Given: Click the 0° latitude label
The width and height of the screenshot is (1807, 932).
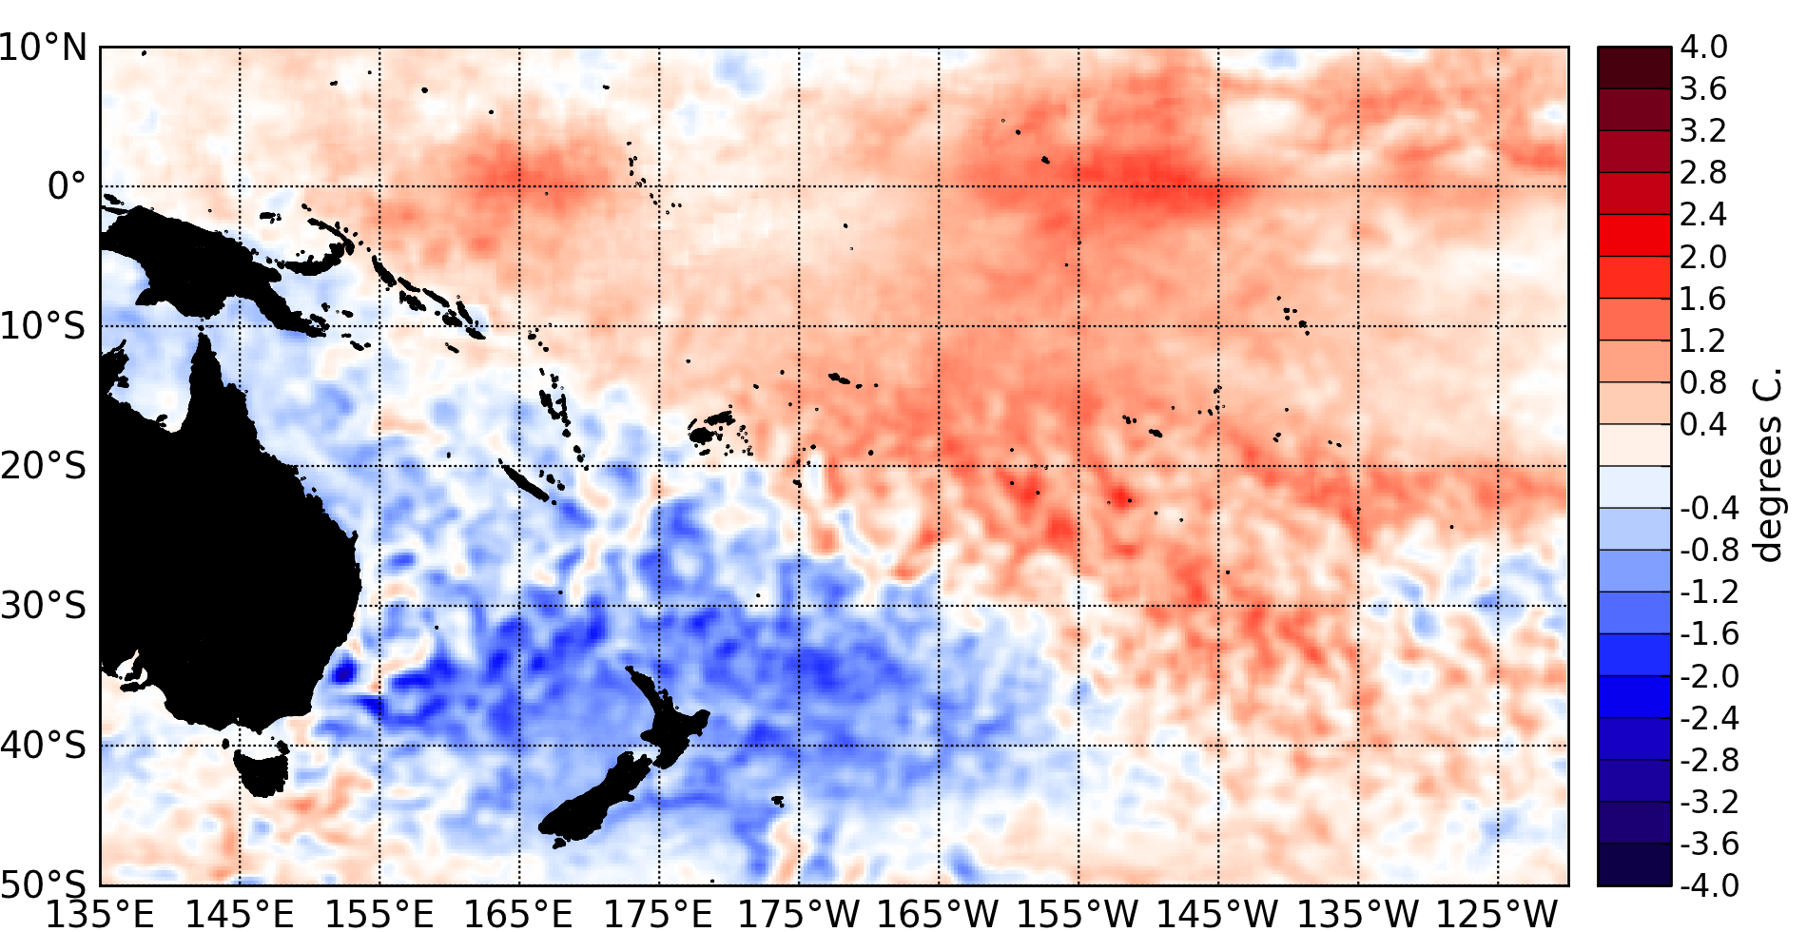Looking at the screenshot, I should click(x=67, y=185).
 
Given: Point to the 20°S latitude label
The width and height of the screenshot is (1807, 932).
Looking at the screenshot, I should click(x=44, y=466).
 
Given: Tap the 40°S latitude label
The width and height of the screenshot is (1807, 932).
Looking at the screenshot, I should click(x=44, y=745).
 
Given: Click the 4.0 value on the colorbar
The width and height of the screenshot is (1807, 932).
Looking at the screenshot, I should click(x=1703, y=47).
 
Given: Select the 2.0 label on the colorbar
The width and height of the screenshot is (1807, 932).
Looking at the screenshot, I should click(x=1703, y=257).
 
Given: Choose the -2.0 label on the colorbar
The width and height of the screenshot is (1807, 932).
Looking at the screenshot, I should click(x=1709, y=675).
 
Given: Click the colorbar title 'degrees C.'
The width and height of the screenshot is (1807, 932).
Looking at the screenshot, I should click(x=1767, y=466).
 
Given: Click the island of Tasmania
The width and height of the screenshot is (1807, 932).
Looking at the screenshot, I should click(x=262, y=770).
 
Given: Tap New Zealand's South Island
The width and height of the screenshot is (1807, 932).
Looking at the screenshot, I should click(x=599, y=799).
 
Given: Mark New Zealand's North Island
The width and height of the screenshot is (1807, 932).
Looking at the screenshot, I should click(x=670, y=723).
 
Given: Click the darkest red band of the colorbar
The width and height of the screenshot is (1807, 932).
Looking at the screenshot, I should click(x=1634, y=68).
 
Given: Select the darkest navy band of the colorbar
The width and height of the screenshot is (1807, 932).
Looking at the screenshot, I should click(x=1634, y=864).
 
